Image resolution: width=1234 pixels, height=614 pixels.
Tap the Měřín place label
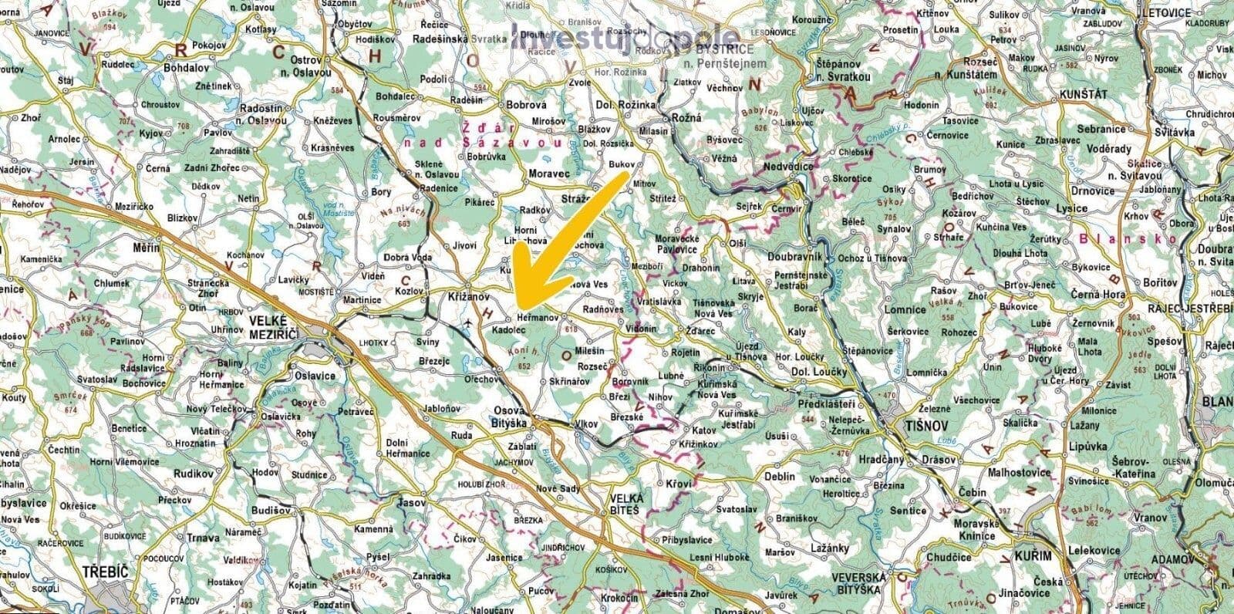pos(146,248)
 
